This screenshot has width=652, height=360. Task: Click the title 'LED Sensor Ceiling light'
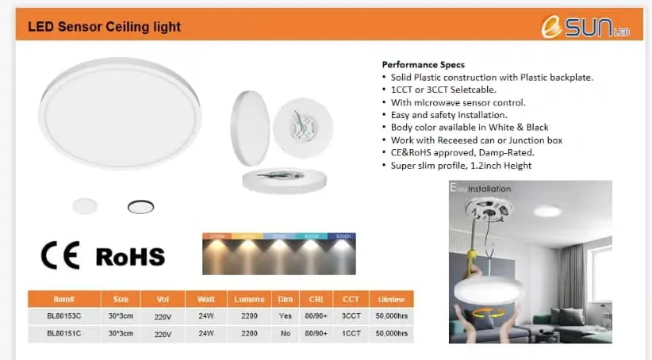pos(105,27)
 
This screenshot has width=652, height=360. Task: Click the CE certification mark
pos(60,255)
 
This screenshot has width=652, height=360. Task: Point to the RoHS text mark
pos(130,256)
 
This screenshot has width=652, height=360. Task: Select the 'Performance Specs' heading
pos(423,64)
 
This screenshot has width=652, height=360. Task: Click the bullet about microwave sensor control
pos(458,102)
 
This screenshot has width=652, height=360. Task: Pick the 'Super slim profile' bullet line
pos(461,166)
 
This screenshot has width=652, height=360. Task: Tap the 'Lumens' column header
pos(250,299)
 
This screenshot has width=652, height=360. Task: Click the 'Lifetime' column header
pos(392,299)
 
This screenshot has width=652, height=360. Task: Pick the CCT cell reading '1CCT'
pos(351,334)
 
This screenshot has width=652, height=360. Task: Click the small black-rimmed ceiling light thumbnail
pos(141,207)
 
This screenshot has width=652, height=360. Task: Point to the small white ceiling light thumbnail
pos(84,206)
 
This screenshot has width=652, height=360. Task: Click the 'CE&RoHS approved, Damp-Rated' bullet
pos(462,153)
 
